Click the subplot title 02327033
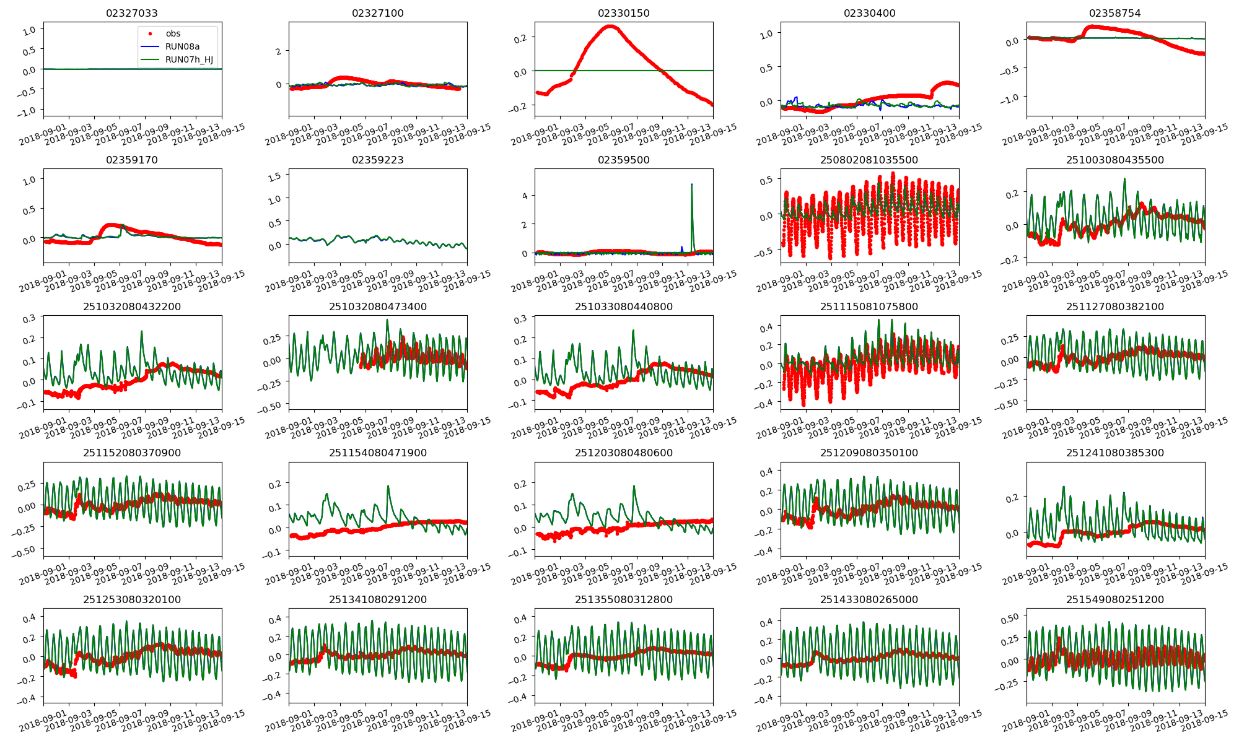point(132,13)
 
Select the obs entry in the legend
point(173,33)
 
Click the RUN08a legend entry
point(182,46)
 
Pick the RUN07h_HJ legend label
point(189,59)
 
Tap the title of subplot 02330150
point(624,13)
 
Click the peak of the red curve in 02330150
point(611,26)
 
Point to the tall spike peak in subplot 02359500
point(691,185)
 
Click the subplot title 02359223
point(378,160)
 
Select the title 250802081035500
point(869,160)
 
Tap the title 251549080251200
point(1115,599)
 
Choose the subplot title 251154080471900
point(378,453)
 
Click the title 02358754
point(1115,13)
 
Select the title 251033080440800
point(624,306)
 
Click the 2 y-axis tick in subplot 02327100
point(279,51)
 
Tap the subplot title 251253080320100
point(132,599)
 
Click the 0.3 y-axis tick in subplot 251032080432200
point(30,318)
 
